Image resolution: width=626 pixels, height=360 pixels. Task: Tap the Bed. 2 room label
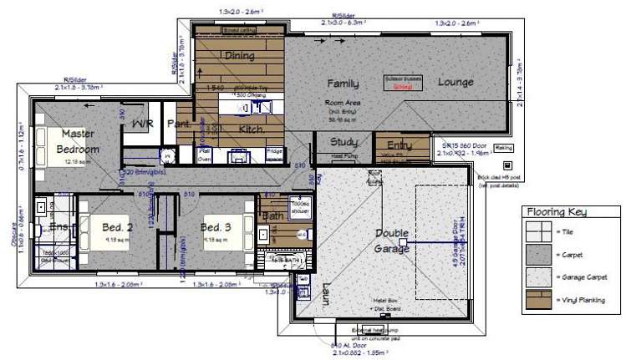(118, 227)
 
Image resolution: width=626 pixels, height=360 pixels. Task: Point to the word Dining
(239, 56)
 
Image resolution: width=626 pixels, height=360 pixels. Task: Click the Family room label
(343, 84)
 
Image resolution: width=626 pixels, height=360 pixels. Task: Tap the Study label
(344, 143)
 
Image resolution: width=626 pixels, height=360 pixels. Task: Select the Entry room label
(391, 145)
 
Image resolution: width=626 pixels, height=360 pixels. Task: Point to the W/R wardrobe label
(143, 124)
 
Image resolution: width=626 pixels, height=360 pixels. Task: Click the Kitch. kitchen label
(252, 130)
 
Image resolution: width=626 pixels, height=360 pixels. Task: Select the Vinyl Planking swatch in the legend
(537, 298)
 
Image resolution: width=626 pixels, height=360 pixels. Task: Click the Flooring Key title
(566, 214)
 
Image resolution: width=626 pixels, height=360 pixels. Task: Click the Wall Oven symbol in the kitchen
(202, 155)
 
